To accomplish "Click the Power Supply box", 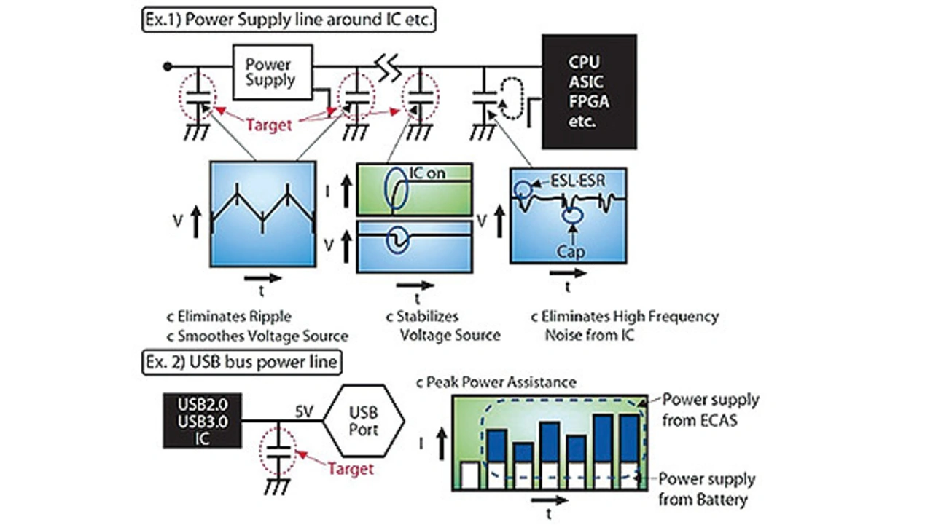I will coord(270,71).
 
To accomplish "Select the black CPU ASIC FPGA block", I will coord(588,91).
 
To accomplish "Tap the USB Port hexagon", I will coord(364,421).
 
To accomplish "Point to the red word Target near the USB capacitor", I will coord(349,467).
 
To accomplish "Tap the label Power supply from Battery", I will coord(706,489).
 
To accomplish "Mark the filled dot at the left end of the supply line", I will coord(168,66).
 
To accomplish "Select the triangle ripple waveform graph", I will coord(262,215).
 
